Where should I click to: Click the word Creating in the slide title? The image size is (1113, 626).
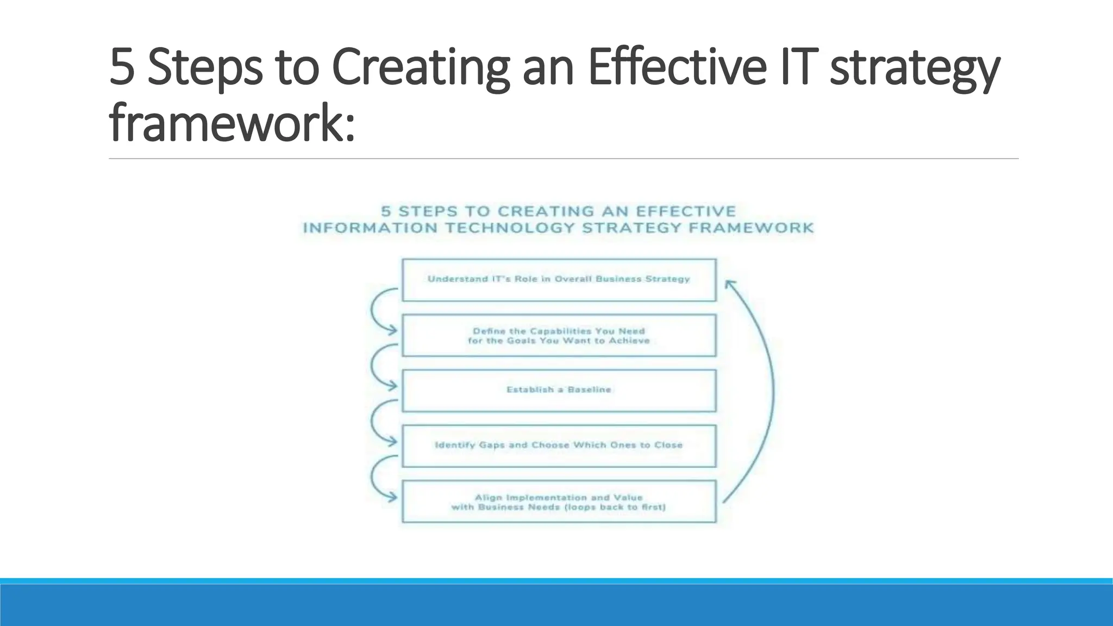click(x=420, y=67)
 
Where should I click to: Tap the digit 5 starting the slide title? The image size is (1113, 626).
click(x=122, y=67)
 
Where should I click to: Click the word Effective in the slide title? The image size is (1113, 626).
click(x=676, y=67)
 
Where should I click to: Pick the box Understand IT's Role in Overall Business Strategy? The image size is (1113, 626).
click(x=559, y=280)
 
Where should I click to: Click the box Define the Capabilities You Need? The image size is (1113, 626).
click(x=559, y=335)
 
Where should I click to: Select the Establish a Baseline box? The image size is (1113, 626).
click(x=559, y=390)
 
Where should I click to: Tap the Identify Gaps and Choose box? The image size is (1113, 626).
click(x=559, y=446)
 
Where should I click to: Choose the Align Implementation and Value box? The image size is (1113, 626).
click(x=559, y=502)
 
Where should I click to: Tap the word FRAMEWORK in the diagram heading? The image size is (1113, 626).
click(x=751, y=228)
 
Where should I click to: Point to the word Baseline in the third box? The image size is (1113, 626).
click(x=589, y=390)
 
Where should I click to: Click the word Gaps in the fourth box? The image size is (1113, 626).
click(x=491, y=445)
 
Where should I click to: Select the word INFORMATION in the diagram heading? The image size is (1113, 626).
click(x=370, y=228)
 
